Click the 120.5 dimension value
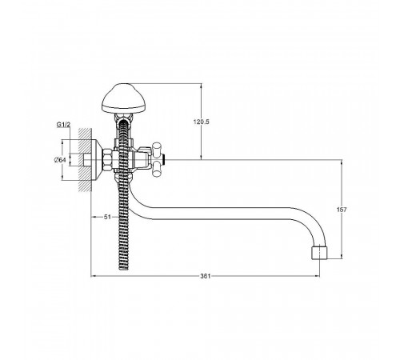coord(202,122)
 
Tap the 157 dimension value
coord(342,210)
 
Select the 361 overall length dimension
coord(206,276)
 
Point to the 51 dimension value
coord(107,217)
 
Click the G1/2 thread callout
coord(63,124)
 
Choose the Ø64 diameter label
coord(60,160)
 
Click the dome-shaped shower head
coord(124,98)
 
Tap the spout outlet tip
coord(319,253)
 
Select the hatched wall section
coord(85,160)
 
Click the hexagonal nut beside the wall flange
coord(107,160)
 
